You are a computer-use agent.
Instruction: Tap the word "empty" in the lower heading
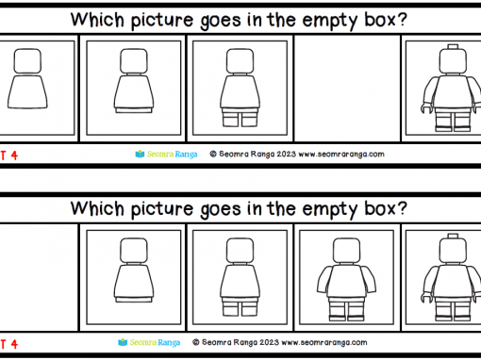tap(329, 210)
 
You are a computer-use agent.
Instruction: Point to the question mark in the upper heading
tap(402, 19)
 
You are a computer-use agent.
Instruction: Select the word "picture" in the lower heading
tap(162, 210)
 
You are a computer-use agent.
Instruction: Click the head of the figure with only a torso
tap(27, 61)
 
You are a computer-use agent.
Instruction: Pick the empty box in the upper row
tap(347, 89)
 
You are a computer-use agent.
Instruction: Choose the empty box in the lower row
tap(39, 277)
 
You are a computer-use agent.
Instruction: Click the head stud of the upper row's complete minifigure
tap(453, 46)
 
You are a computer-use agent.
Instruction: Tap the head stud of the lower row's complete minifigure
tap(453, 236)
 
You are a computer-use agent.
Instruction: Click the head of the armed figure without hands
tap(346, 251)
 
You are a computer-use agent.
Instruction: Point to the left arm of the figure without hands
tap(324, 278)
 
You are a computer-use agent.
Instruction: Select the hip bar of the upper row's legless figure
tap(134, 110)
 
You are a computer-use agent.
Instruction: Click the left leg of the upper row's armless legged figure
tap(230, 118)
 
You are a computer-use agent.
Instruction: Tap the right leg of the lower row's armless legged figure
tap(250, 307)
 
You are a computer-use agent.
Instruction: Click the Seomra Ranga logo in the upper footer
tap(166, 155)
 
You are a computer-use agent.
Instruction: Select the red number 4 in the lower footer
tap(14, 344)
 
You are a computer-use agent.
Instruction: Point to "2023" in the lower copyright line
tap(269, 342)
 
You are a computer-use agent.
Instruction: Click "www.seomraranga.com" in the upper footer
tap(341, 155)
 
